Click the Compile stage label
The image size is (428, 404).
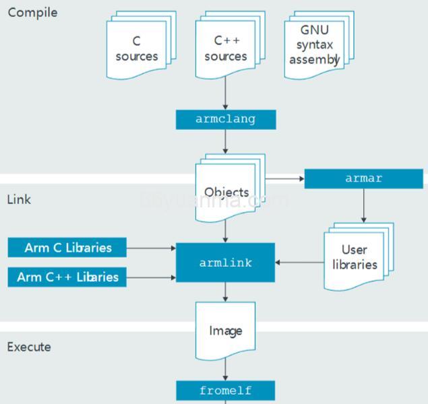(x=32, y=13)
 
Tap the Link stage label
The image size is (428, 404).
(x=19, y=200)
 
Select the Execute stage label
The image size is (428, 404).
(x=29, y=347)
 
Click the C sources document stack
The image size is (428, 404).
(x=137, y=49)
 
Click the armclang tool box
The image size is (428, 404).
(x=225, y=119)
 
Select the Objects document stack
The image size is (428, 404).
(x=227, y=191)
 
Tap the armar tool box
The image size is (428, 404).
(x=364, y=179)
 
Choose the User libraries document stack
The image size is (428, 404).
(x=355, y=257)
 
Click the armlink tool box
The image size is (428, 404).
(x=225, y=263)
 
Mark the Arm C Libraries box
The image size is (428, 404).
(x=68, y=248)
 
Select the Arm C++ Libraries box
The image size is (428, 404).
(x=67, y=277)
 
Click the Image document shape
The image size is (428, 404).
(x=225, y=331)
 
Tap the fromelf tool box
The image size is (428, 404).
(x=225, y=391)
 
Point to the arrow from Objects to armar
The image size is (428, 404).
(x=285, y=179)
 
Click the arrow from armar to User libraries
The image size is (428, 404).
(x=364, y=206)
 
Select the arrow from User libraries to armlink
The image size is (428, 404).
(x=299, y=263)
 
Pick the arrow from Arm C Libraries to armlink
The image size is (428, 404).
(x=151, y=248)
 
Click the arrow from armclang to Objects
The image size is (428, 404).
(x=225, y=141)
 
